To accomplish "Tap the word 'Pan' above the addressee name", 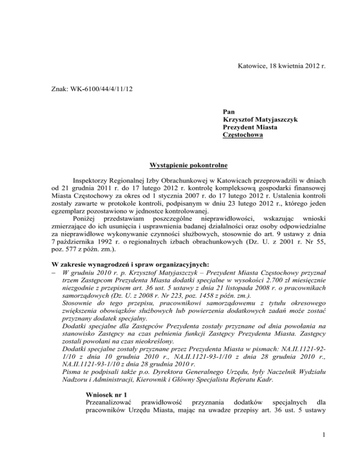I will click(x=230, y=112).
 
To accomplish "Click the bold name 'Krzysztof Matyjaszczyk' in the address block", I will click(x=261, y=120).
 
